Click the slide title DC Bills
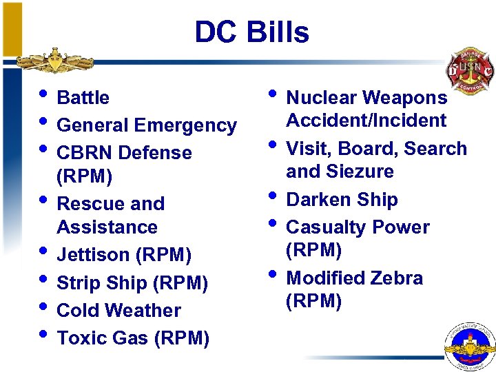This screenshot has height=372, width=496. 251,32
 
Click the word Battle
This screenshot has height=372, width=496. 83,98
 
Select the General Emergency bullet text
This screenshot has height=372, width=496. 146,125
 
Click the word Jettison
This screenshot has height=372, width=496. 94,255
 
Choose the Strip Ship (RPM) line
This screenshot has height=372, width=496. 132,283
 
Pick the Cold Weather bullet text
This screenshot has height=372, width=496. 118,311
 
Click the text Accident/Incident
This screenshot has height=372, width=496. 366,121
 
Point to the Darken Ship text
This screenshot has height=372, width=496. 342,200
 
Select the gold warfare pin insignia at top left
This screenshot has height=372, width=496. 55,61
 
